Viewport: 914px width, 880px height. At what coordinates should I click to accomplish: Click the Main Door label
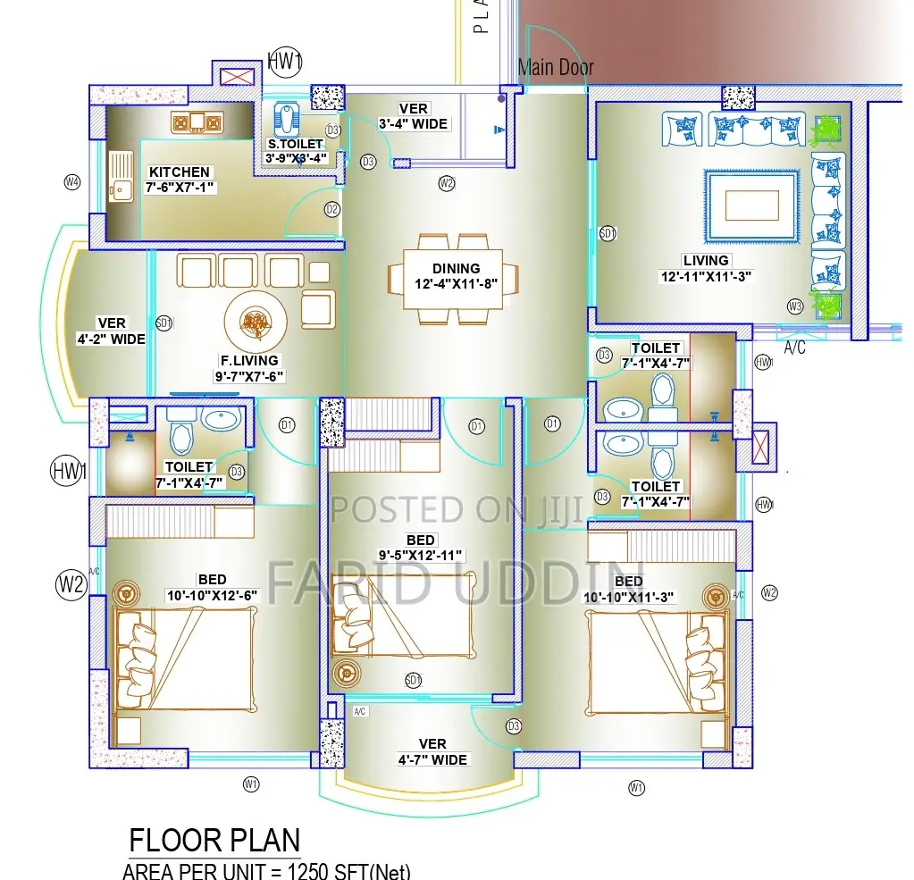pos(556,67)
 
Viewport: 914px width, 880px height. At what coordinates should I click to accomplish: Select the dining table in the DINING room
pos(454,278)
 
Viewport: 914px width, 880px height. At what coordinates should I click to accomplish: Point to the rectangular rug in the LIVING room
pos(750,205)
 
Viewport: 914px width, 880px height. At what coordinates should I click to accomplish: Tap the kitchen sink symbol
pos(119,175)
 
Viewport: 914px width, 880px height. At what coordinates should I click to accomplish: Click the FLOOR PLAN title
pos(214,841)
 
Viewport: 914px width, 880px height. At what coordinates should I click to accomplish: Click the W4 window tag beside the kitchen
pos(72,182)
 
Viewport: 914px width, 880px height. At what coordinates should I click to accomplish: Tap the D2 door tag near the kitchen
pos(332,210)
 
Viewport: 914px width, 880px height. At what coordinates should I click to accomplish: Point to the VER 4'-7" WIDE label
pos(432,751)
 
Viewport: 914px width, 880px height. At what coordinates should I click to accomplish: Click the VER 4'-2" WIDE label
pos(112,331)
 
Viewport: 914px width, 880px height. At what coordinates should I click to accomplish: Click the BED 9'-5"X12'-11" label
pos(421,548)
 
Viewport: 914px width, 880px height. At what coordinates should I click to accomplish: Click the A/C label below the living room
pos(794,348)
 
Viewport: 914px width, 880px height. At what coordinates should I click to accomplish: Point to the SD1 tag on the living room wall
pos(608,233)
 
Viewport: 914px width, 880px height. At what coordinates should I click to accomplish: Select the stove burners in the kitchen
pos(196,122)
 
